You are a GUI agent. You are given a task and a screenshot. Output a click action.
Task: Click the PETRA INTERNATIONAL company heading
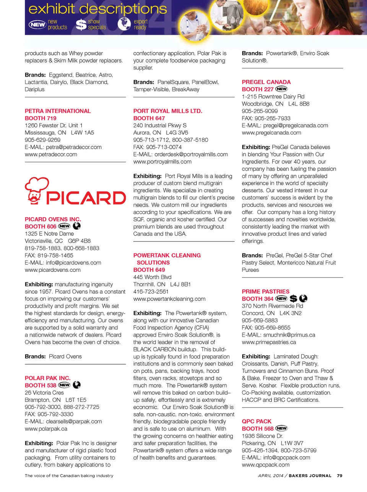click(58, 111)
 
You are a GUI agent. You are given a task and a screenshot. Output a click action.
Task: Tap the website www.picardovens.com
click(53, 270)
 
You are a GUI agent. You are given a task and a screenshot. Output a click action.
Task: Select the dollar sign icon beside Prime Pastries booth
click(293, 299)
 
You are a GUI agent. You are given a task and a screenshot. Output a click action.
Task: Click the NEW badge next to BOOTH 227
click(281, 89)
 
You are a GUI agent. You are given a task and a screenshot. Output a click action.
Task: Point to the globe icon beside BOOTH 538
click(77, 385)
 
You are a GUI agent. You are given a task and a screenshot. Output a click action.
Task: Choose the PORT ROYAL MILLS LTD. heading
click(167, 111)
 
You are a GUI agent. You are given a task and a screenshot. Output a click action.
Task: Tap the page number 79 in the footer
click(339, 476)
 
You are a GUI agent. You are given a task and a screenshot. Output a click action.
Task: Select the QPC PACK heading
click(257, 421)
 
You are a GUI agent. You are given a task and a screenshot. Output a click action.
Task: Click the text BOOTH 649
click(149, 270)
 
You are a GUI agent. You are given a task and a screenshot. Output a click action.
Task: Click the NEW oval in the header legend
click(37, 24)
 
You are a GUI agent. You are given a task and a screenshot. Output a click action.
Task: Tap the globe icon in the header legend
click(124, 24)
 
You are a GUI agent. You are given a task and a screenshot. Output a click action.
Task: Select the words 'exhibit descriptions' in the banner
click(97, 9)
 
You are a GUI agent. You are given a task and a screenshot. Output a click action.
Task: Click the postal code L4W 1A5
click(82, 133)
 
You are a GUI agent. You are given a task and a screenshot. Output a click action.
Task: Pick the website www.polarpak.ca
click(46, 429)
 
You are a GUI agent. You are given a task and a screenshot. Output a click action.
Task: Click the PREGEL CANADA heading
click(266, 82)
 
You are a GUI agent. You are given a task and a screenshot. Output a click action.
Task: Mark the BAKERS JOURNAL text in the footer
click(310, 476)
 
